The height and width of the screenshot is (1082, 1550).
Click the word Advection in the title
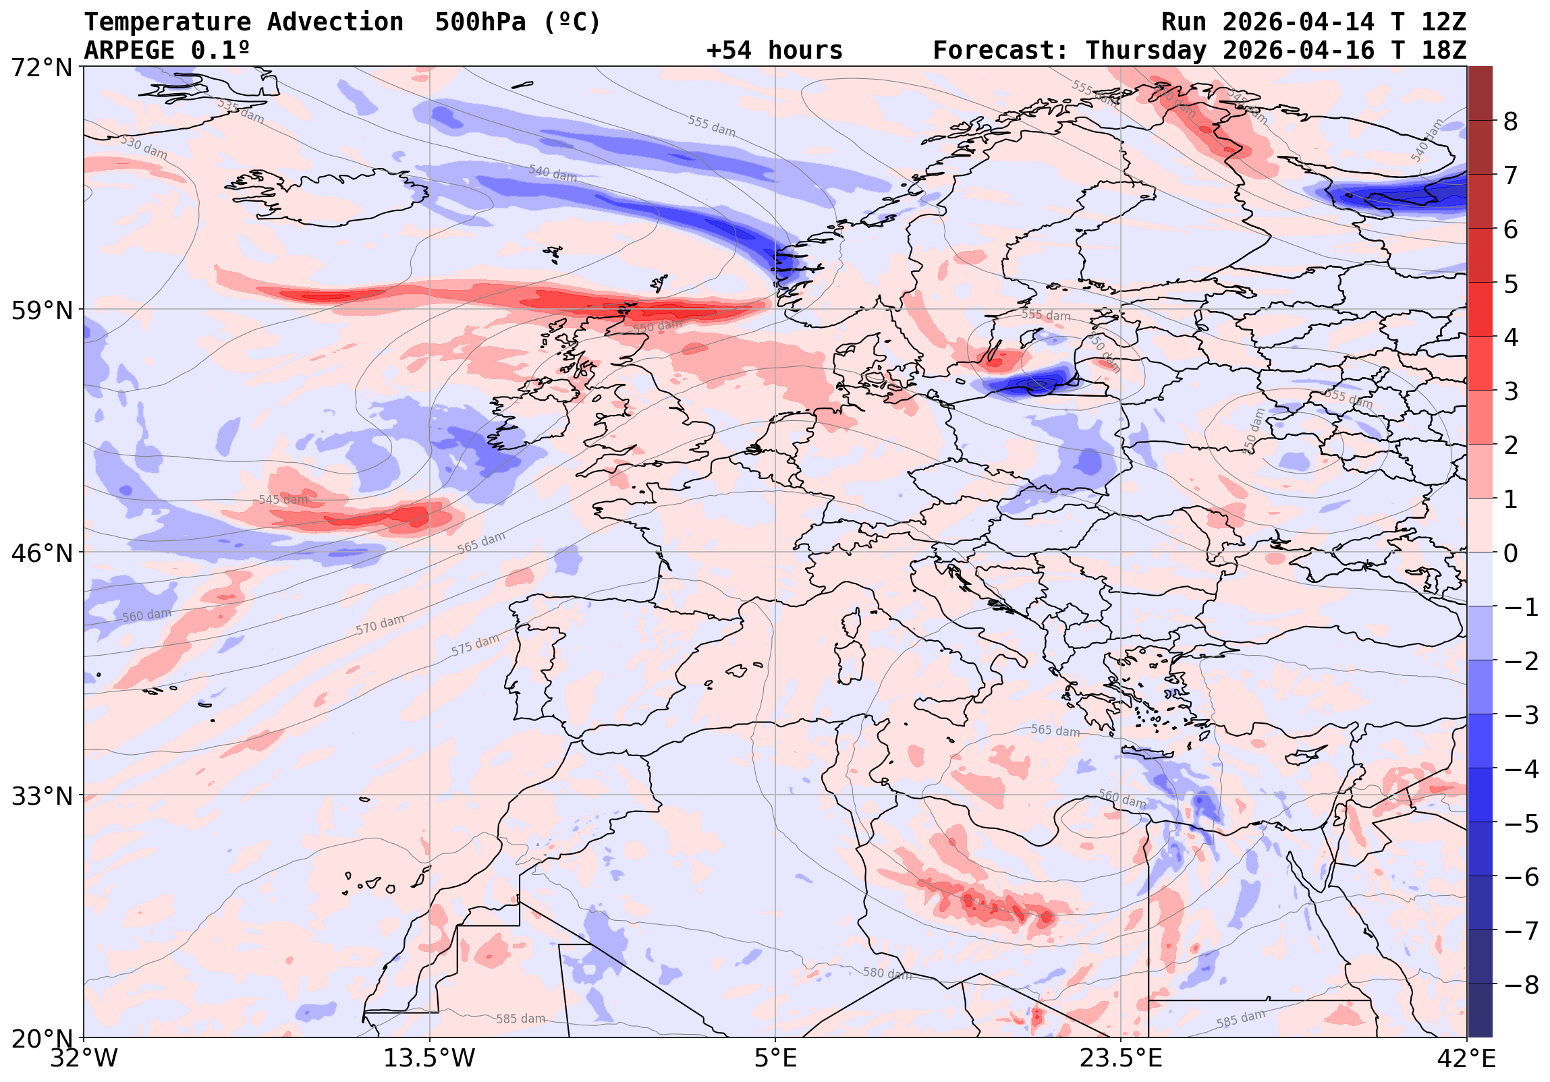(335, 22)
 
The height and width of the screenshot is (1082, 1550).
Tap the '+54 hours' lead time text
(774, 51)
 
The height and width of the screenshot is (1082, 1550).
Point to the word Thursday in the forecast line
(1146, 51)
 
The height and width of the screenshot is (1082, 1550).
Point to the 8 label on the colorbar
(1511, 122)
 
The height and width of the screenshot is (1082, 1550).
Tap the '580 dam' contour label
(887, 973)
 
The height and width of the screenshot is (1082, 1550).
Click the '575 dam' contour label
(475, 645)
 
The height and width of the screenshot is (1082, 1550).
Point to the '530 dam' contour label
(144, 147)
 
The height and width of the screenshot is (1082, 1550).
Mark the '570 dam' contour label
(380, 625)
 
